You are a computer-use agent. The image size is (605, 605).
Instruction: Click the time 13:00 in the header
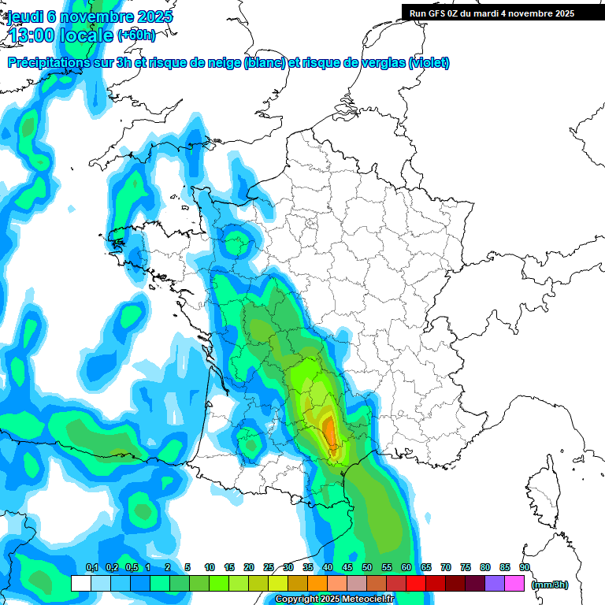point(32,35)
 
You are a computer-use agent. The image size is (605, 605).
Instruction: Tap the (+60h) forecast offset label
point(136,35)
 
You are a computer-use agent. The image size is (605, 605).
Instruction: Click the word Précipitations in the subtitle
point(46,63)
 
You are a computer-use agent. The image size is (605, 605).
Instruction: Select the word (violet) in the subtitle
point(429,63)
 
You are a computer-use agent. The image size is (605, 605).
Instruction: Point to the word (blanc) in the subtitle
point(265,63)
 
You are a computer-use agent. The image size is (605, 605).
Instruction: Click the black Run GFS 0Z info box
point(492,13)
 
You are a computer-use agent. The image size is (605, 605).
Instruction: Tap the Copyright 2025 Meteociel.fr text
point(334,599)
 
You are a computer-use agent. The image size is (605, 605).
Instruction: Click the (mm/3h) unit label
point(550,585)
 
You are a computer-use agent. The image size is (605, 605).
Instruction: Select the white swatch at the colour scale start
point(81,584)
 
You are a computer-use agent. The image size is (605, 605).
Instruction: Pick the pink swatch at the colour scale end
point(514,584)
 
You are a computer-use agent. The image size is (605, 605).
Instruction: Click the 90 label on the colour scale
point(525,567)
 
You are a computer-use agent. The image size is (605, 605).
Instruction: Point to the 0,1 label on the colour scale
point(91,567)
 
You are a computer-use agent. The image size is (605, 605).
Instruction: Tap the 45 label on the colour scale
point(347,567)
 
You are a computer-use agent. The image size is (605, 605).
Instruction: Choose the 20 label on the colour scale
point(249,567)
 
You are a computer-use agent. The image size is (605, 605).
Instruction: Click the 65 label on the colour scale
point(426,567)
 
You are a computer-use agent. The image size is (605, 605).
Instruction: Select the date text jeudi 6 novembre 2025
point(90,17)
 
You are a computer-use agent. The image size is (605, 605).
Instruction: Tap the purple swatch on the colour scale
point(495,584)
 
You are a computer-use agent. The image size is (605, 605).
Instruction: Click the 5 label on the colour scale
point(187,567)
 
